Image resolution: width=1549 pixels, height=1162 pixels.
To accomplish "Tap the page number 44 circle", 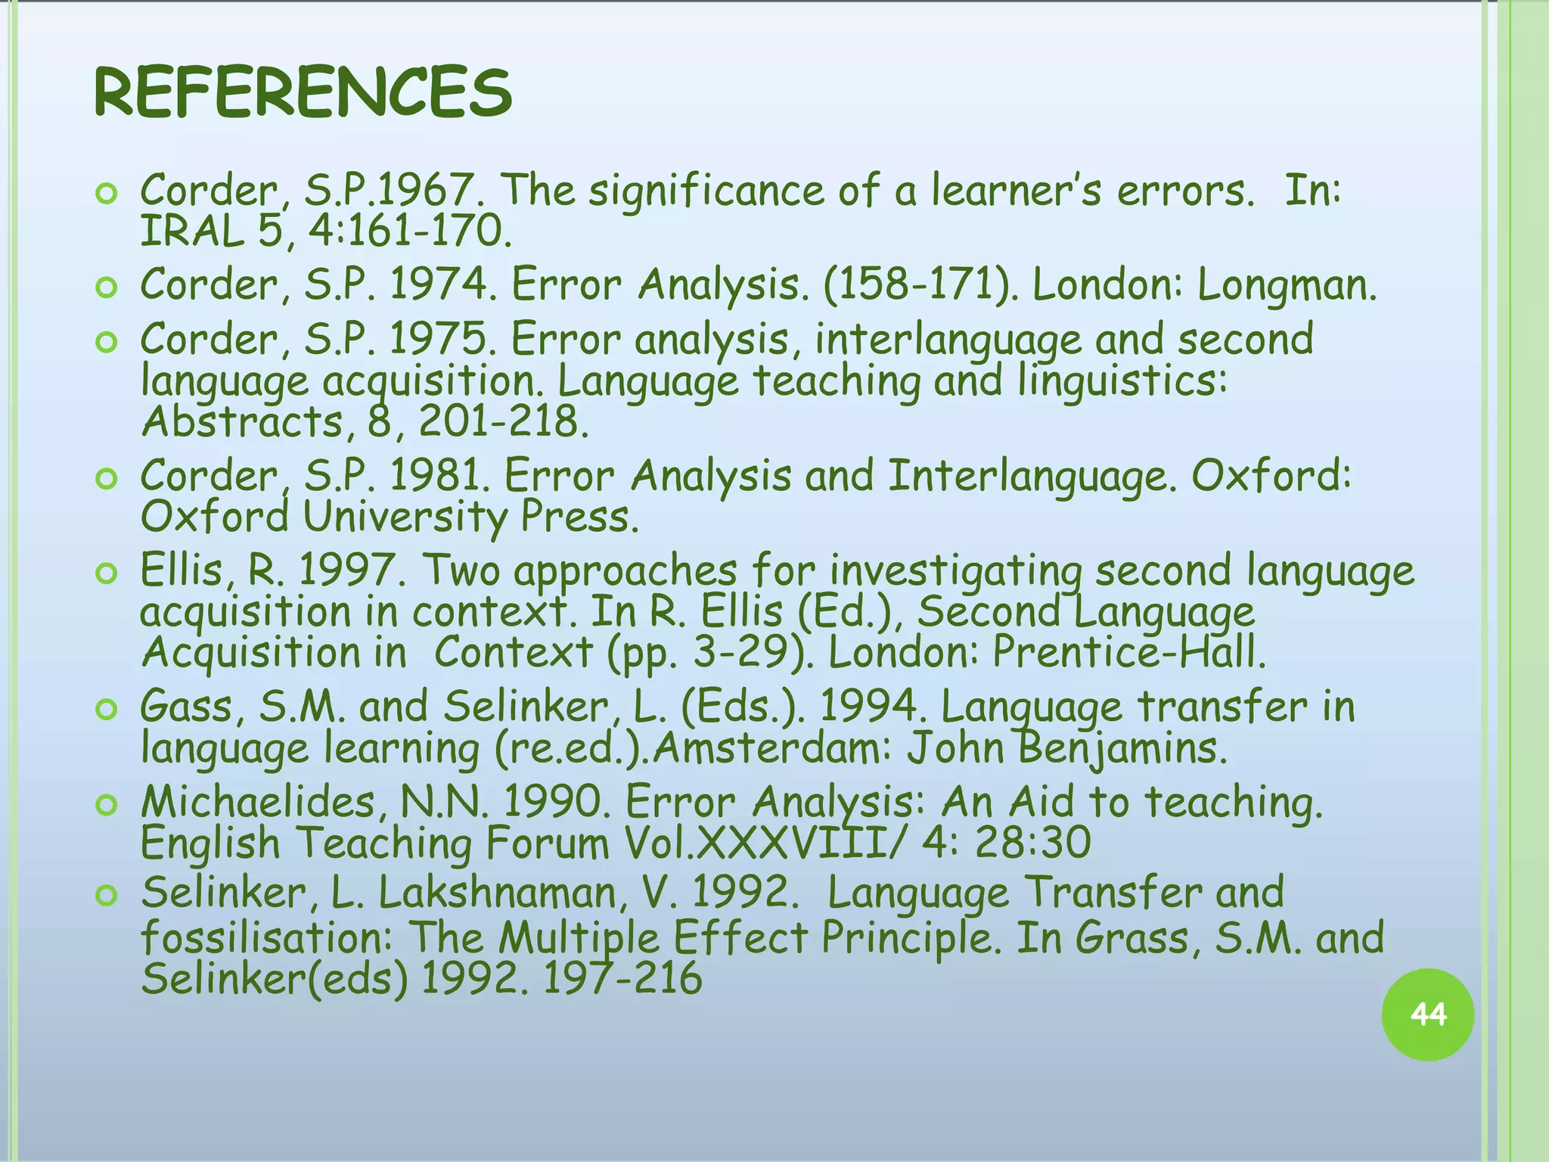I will (x=1427, y=1014).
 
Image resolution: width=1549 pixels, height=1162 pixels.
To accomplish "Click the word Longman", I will (x=1287, y=286).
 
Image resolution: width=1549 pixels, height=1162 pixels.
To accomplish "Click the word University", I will (x=405, y=518).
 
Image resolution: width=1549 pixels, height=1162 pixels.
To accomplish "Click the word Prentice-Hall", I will (x=1128, y=652).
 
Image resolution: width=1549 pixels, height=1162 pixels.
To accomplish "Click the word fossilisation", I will (x=266, y=938).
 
